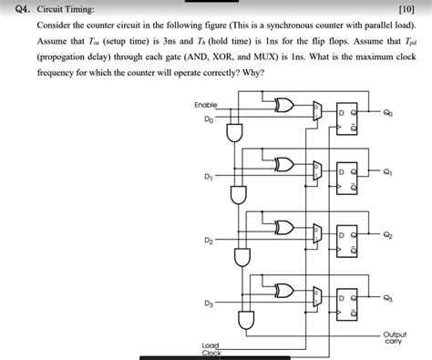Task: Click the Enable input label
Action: tap(205, 107)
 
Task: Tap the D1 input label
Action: tap(211, 176)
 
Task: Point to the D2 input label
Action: tap(210, 240)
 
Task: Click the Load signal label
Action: tap(211, 344)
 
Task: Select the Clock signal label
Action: tap(211, 353)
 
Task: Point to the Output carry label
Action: tap(395, 339)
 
